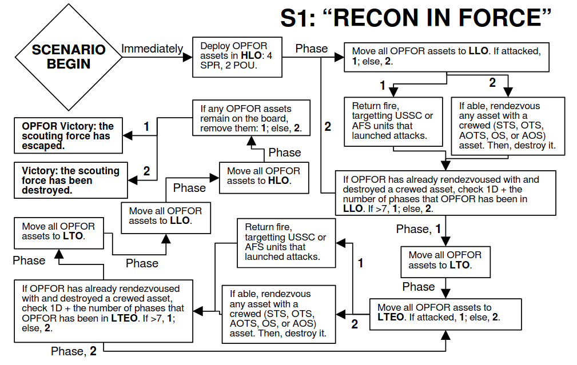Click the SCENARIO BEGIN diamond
pos(69,57)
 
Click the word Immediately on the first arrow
pos(152,49)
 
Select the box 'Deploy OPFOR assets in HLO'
pos(237,57)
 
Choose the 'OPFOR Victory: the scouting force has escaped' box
pos(69,136)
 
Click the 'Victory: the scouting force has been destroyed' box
pos(69,180)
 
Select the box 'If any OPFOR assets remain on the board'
pos(251,119)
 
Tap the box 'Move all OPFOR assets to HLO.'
pos(264,176)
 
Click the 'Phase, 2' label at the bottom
pos(74,351)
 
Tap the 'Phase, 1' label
pos(419,229)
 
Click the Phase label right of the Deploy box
pos(312,49)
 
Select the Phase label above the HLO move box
pos(285,153)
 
